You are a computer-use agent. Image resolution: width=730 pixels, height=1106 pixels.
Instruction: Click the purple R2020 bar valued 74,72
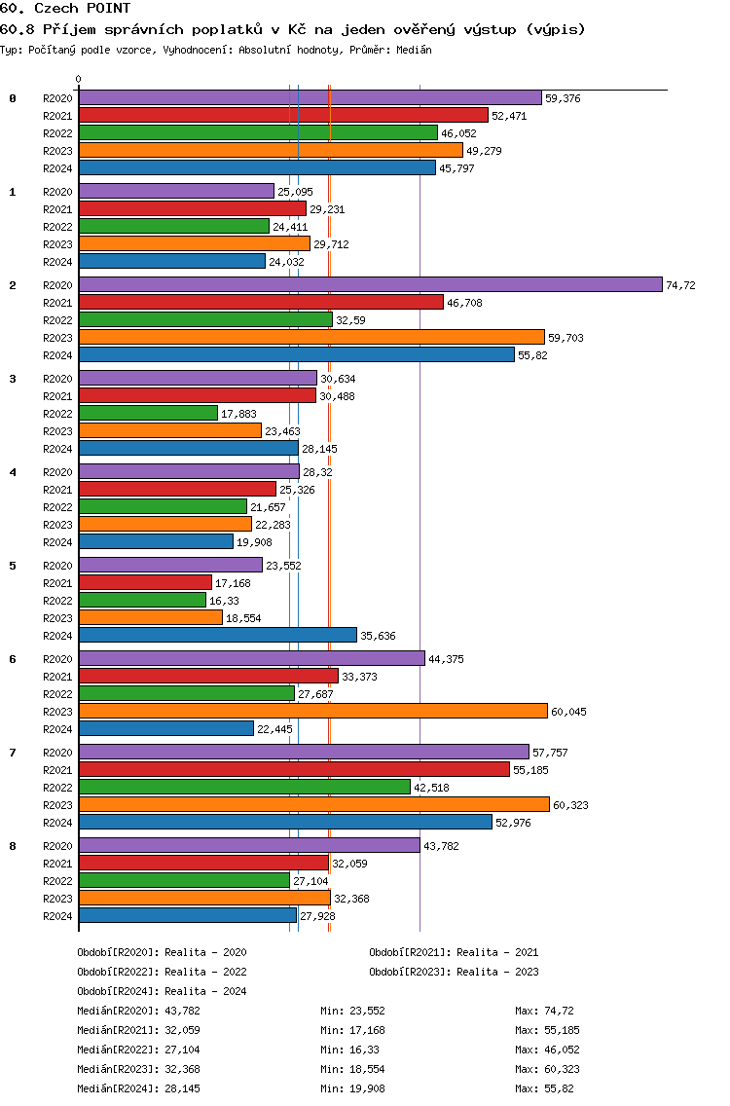(370, 284)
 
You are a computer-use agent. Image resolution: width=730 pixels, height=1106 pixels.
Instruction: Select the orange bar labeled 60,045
(312, 711)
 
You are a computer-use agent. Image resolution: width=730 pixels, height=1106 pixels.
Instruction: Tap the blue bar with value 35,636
(217, 635)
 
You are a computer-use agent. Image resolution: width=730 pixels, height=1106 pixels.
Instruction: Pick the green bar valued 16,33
(142, 600)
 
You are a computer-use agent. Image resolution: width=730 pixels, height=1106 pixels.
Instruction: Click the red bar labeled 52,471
(282, 115)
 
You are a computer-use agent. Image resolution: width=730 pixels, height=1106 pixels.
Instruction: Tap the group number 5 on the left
(13, 566)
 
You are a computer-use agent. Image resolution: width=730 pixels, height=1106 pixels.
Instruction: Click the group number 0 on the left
(13, 98)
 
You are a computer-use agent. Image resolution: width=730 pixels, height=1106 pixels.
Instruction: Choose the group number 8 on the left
(13, 846)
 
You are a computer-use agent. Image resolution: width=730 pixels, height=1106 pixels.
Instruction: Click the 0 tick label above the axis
(79, 79)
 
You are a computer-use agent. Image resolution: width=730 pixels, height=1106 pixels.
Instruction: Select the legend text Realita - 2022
(205, 972)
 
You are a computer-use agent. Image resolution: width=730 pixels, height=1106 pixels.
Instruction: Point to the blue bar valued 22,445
(165, 728)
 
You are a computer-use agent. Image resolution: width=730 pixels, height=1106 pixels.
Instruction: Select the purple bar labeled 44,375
(251, 658)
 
